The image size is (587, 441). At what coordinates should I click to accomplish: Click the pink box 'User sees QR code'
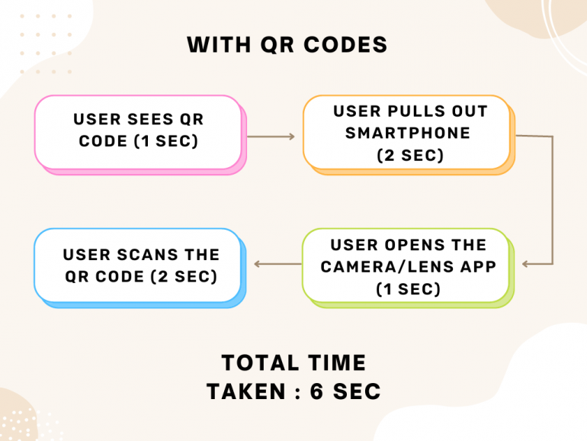click(x=138, y=131)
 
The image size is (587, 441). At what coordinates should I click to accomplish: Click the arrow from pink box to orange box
click(x=271, y=137)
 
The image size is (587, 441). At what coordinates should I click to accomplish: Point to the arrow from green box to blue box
click(x=277, y=265)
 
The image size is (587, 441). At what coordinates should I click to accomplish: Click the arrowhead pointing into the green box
click(x=526, y=265)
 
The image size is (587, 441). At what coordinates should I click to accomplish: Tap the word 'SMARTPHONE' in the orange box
click(x=408, y=133)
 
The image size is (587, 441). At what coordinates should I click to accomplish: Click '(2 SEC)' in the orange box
click(x=410, y=155)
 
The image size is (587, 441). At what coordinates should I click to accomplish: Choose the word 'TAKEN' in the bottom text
click(x=245, y=392)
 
